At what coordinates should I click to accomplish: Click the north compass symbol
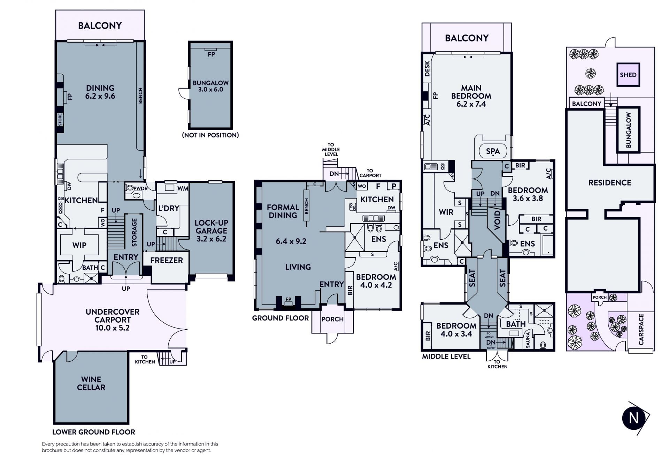click(634, 418)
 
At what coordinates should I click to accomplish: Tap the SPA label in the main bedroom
click(493, 151)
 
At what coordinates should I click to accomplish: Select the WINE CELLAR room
click(91, 387)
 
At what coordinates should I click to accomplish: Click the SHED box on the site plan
click(628, 75)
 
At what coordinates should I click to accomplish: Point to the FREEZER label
click(167, 260)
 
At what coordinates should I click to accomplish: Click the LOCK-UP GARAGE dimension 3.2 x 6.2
click(212, 239)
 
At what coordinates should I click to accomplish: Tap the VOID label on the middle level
click(497, 220)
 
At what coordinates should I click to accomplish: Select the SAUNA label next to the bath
click(528, 340)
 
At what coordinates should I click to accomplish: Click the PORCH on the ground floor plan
click(332, 319)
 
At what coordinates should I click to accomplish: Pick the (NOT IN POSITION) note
click(210, 135)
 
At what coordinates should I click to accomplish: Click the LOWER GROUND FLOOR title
click(94, 432)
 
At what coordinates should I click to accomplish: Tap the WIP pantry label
click(79, 245)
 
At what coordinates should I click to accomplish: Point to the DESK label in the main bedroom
click(428, 69)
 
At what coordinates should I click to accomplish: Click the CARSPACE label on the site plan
click(641, 329)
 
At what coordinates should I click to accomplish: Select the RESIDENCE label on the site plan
click(610, 183)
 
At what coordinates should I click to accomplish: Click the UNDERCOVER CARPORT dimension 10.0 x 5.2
click(113, 328)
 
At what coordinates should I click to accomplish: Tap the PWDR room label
click(141, 188)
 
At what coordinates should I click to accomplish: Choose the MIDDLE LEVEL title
click(446, 356)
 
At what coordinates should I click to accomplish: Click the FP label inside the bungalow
click(211, 54)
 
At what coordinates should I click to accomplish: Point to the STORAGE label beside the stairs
click(134, 232)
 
